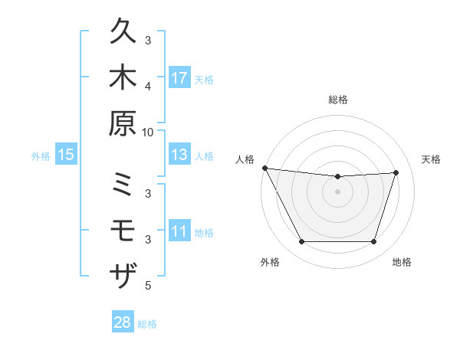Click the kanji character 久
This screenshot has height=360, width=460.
(123, 34)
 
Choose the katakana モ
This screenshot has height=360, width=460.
(123, 230)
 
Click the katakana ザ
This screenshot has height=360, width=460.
(123, 273)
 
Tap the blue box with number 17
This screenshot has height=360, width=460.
(179, 78)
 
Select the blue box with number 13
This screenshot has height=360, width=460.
(179, 155)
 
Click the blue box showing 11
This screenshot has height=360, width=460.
(179, 231)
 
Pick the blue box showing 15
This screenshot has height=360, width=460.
(66, 155)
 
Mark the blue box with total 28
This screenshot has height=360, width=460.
(123, 322)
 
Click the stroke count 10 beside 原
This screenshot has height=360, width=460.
(148, 131)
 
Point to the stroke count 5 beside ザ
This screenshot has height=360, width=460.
(148, 286)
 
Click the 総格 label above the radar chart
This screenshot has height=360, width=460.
(338, 100)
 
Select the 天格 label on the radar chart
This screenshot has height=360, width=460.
(432, 159)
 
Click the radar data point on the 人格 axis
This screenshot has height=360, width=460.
(264, 168)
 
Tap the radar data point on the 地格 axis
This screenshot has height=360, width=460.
(374, 242)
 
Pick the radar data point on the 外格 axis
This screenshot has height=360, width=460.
(301, 242)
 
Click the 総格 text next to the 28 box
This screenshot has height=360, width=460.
(147, 324)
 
